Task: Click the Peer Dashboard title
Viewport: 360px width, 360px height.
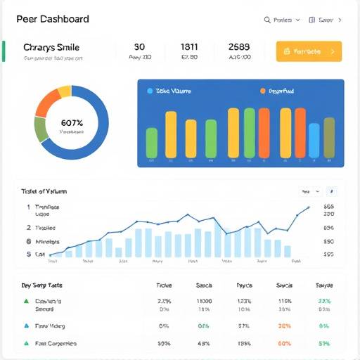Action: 52,20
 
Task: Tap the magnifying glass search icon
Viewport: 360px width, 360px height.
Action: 267,20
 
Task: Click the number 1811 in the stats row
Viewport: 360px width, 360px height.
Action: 189,47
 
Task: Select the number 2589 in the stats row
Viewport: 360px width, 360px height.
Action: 239,47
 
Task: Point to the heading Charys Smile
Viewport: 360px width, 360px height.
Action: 51,47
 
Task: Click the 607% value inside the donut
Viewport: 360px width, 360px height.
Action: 72,122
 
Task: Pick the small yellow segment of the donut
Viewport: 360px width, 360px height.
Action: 64,91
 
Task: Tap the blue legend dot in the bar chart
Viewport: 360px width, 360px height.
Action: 149,91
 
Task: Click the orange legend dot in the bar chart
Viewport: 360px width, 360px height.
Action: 262,91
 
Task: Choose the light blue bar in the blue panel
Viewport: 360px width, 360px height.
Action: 314,140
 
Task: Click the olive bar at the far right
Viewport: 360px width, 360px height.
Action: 329,135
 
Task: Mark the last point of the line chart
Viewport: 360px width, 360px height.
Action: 308,207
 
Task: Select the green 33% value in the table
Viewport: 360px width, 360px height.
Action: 324,301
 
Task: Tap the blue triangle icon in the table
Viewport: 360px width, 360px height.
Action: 26,326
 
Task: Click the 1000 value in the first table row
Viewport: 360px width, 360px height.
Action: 205,301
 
